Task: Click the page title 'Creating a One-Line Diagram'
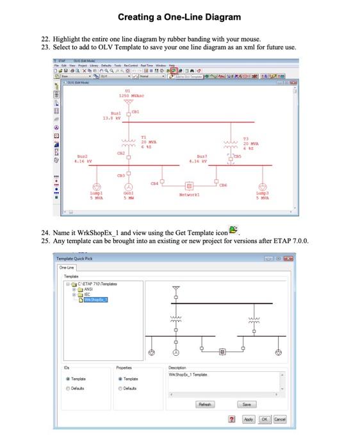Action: pos(179,17)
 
